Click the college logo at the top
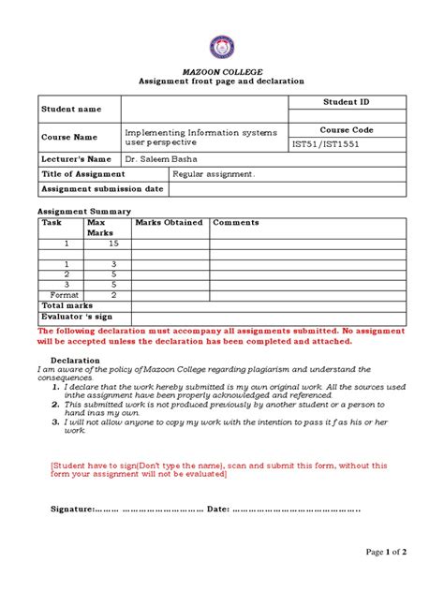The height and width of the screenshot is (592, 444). coord(221,49)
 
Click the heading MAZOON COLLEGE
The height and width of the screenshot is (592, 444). coord(221,71)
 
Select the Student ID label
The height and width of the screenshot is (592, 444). coord(347,101)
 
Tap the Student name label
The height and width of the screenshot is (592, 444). coord(69,110)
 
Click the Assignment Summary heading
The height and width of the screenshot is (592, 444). coord(83,212)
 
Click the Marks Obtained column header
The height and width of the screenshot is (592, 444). coord(169,223)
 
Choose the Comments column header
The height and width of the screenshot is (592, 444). coord(236,223)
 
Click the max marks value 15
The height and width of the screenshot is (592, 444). coord(113,244)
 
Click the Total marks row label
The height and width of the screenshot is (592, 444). coord(67,305)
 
